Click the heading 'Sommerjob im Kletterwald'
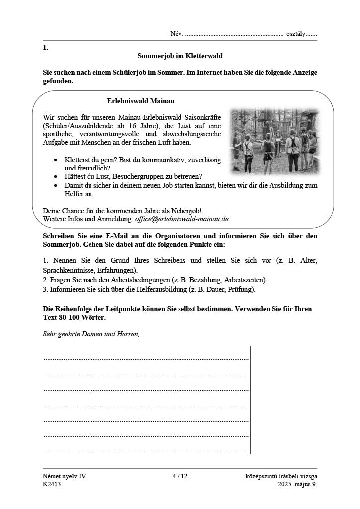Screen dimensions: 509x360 (180, 57)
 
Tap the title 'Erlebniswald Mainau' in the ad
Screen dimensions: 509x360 (141, 101)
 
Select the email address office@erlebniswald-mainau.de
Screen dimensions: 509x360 (181, 219)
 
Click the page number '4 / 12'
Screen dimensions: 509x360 (180, 476)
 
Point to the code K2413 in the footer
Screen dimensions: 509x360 (51, 485)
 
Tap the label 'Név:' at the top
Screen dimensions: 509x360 (177, 34)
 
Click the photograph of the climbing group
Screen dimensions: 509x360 (274, 142)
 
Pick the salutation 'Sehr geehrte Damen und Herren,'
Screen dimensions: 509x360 (91, 334)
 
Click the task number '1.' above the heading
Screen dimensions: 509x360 (46, 48)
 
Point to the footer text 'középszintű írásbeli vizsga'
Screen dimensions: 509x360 (281, 476)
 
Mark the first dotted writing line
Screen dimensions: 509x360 (146, 358)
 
